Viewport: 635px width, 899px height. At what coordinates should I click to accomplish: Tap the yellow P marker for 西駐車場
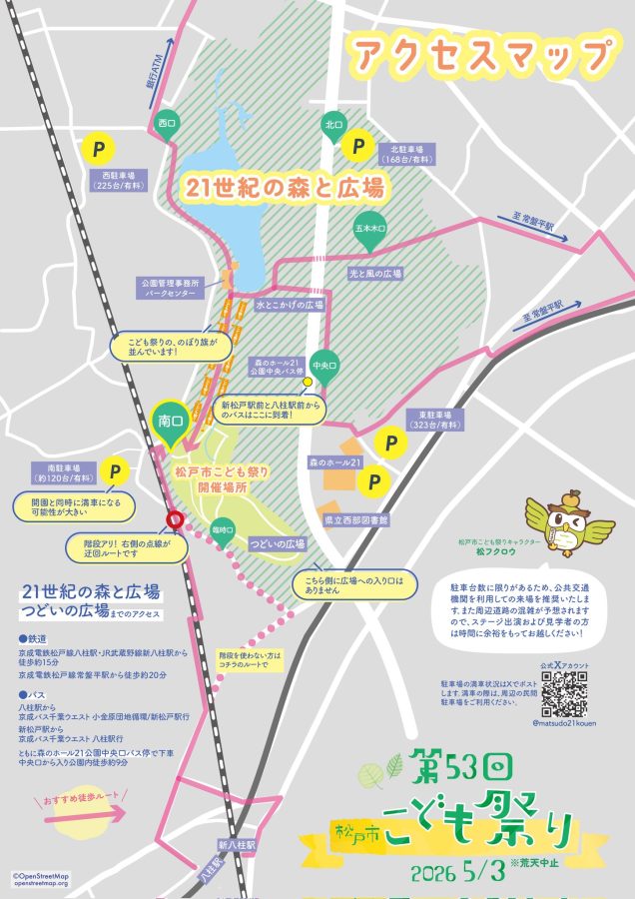click(98, 148)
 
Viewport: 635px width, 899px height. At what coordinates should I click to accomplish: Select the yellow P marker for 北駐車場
click(355, 147)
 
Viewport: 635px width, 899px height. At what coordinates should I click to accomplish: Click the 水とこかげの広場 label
click(291, 304)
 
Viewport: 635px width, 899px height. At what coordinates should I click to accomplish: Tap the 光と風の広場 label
click(375, 273)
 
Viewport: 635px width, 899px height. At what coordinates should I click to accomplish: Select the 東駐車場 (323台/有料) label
click(435, 420)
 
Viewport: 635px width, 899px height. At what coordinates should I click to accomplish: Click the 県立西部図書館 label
click(355, 520)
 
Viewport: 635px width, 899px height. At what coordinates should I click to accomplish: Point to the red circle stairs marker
click(174, 518)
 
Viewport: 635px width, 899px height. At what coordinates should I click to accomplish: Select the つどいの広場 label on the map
click(277, 543)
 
